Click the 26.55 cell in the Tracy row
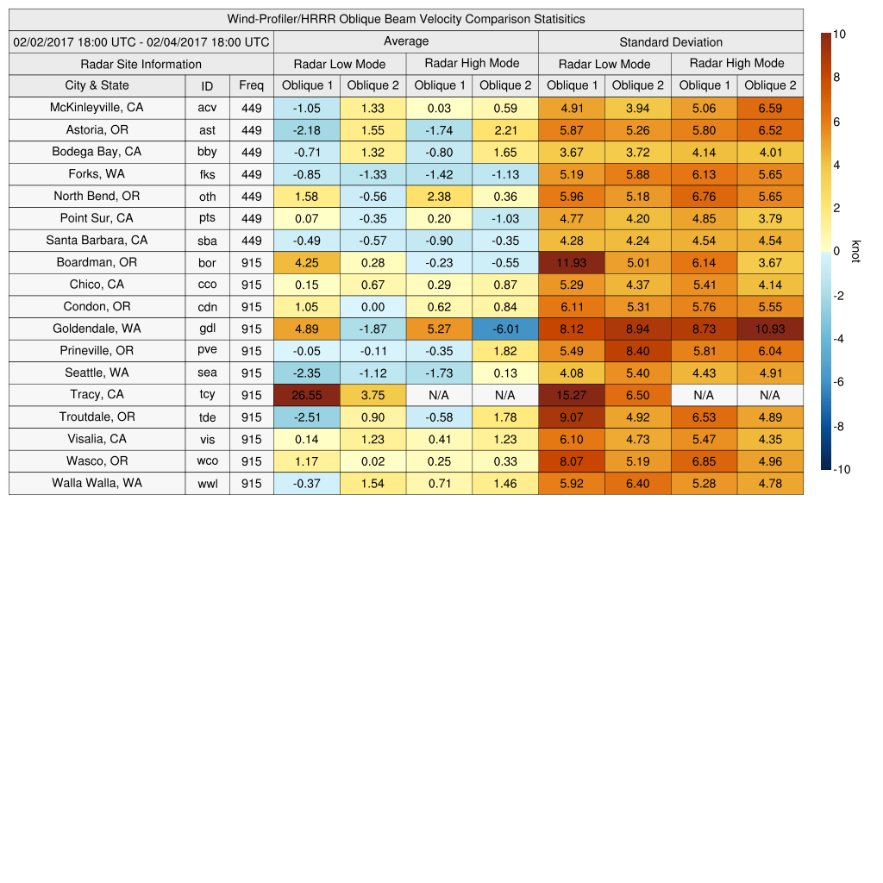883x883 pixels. click(306, 395)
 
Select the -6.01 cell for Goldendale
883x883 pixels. click(504, 329)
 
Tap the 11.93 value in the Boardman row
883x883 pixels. click(571, 262)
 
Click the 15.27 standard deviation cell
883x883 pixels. click(571, 395)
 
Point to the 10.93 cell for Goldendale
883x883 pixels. click(769, 329)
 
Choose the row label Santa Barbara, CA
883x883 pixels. click(97, 240)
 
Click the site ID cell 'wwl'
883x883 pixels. click(207, 484)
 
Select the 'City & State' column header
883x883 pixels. click(97, 85)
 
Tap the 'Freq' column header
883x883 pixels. click(251, 85)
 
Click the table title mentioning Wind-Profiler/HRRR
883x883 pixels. click(405, 19)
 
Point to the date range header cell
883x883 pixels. click(141, 41)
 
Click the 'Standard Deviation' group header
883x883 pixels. click(670, 41)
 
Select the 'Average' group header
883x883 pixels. click(405, 41)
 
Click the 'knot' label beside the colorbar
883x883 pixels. click(855, 251)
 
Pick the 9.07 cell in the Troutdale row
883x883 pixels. click(571, 417)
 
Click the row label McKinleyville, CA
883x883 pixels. click(97, 108)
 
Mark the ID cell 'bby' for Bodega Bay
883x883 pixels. click(207, 153)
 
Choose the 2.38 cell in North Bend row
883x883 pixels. click(439, 196)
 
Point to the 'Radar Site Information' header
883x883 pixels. click(141, 64)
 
